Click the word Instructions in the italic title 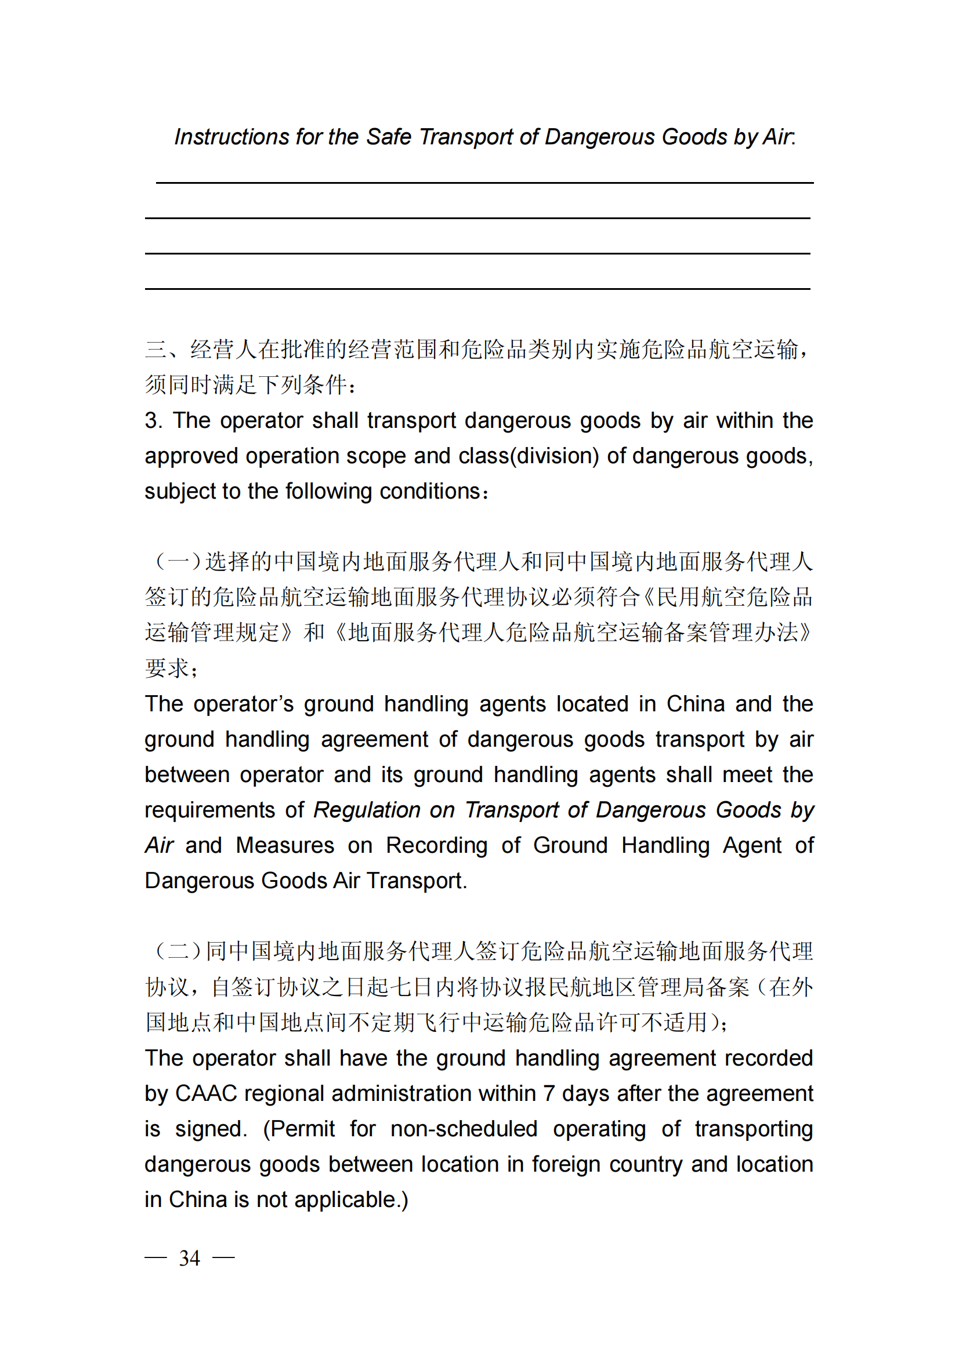point(231,137)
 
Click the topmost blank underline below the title point(484,183)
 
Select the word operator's point(243,704)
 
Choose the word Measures point(285,846)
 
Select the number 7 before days point(549,1094)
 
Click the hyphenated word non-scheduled point(464,1129)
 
